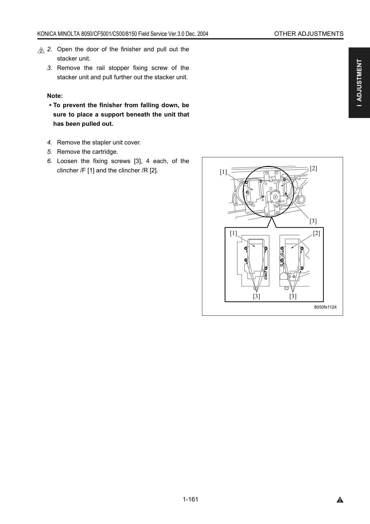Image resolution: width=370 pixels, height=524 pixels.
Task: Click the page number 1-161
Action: click(191, 499)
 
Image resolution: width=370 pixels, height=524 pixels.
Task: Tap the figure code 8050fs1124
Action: click(325, 307)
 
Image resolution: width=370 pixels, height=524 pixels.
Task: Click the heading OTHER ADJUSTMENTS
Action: click(309, 34)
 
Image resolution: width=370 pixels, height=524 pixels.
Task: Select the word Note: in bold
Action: click(55, 96)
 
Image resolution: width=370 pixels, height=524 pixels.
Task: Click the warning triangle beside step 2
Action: click(41, 50)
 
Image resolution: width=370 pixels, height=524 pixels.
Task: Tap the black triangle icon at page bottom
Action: click(340, 500)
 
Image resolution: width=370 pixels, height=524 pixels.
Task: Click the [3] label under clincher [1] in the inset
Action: click(256, 296)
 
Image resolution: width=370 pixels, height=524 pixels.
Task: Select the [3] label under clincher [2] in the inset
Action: click(293, 296)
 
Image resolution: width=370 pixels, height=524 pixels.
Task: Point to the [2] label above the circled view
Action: click(313, 168)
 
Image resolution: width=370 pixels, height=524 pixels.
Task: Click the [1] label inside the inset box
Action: click(233, 233)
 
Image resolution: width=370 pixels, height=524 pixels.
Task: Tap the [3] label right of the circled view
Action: click(313, 221)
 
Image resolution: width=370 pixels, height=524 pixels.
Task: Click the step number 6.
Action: click(49, 161)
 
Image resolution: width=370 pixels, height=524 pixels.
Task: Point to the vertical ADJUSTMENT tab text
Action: click(359, 83)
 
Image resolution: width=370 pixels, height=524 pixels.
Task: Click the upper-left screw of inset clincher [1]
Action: click(246, 248)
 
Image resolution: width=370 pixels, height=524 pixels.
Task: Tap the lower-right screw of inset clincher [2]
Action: click(302, 268)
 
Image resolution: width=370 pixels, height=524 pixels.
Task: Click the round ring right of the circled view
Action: click(301, 200)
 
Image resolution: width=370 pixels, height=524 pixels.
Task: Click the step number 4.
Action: click(49, 142)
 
